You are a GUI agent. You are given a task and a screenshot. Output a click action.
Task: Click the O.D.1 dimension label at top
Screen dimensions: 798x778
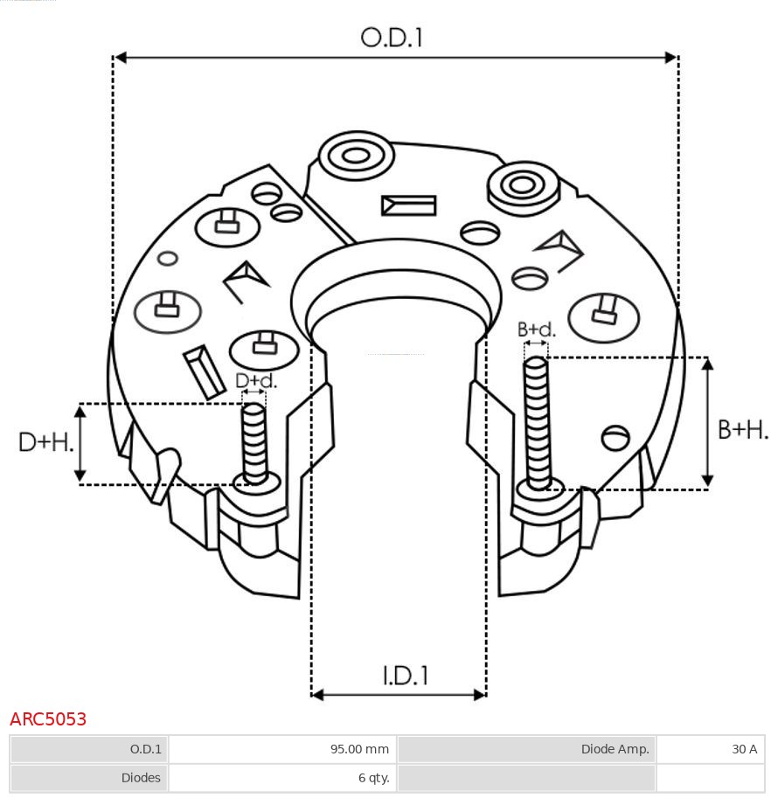392,38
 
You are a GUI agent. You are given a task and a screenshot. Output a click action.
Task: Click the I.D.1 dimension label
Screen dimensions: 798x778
405,675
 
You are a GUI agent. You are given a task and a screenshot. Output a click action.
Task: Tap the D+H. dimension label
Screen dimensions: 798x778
45,442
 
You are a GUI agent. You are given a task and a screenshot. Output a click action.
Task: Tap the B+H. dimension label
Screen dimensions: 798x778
743,429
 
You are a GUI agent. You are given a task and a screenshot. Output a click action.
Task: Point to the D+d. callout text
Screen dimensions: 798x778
256,381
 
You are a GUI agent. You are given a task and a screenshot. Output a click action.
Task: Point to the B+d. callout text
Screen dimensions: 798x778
536,330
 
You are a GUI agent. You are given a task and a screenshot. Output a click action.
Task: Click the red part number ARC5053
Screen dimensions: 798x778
48,719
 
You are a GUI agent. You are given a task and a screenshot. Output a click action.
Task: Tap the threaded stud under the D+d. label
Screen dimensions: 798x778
254,442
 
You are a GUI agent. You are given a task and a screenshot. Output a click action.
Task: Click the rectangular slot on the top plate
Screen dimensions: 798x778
408,205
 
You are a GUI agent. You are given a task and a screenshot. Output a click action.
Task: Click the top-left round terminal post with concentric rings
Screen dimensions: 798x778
356,157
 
